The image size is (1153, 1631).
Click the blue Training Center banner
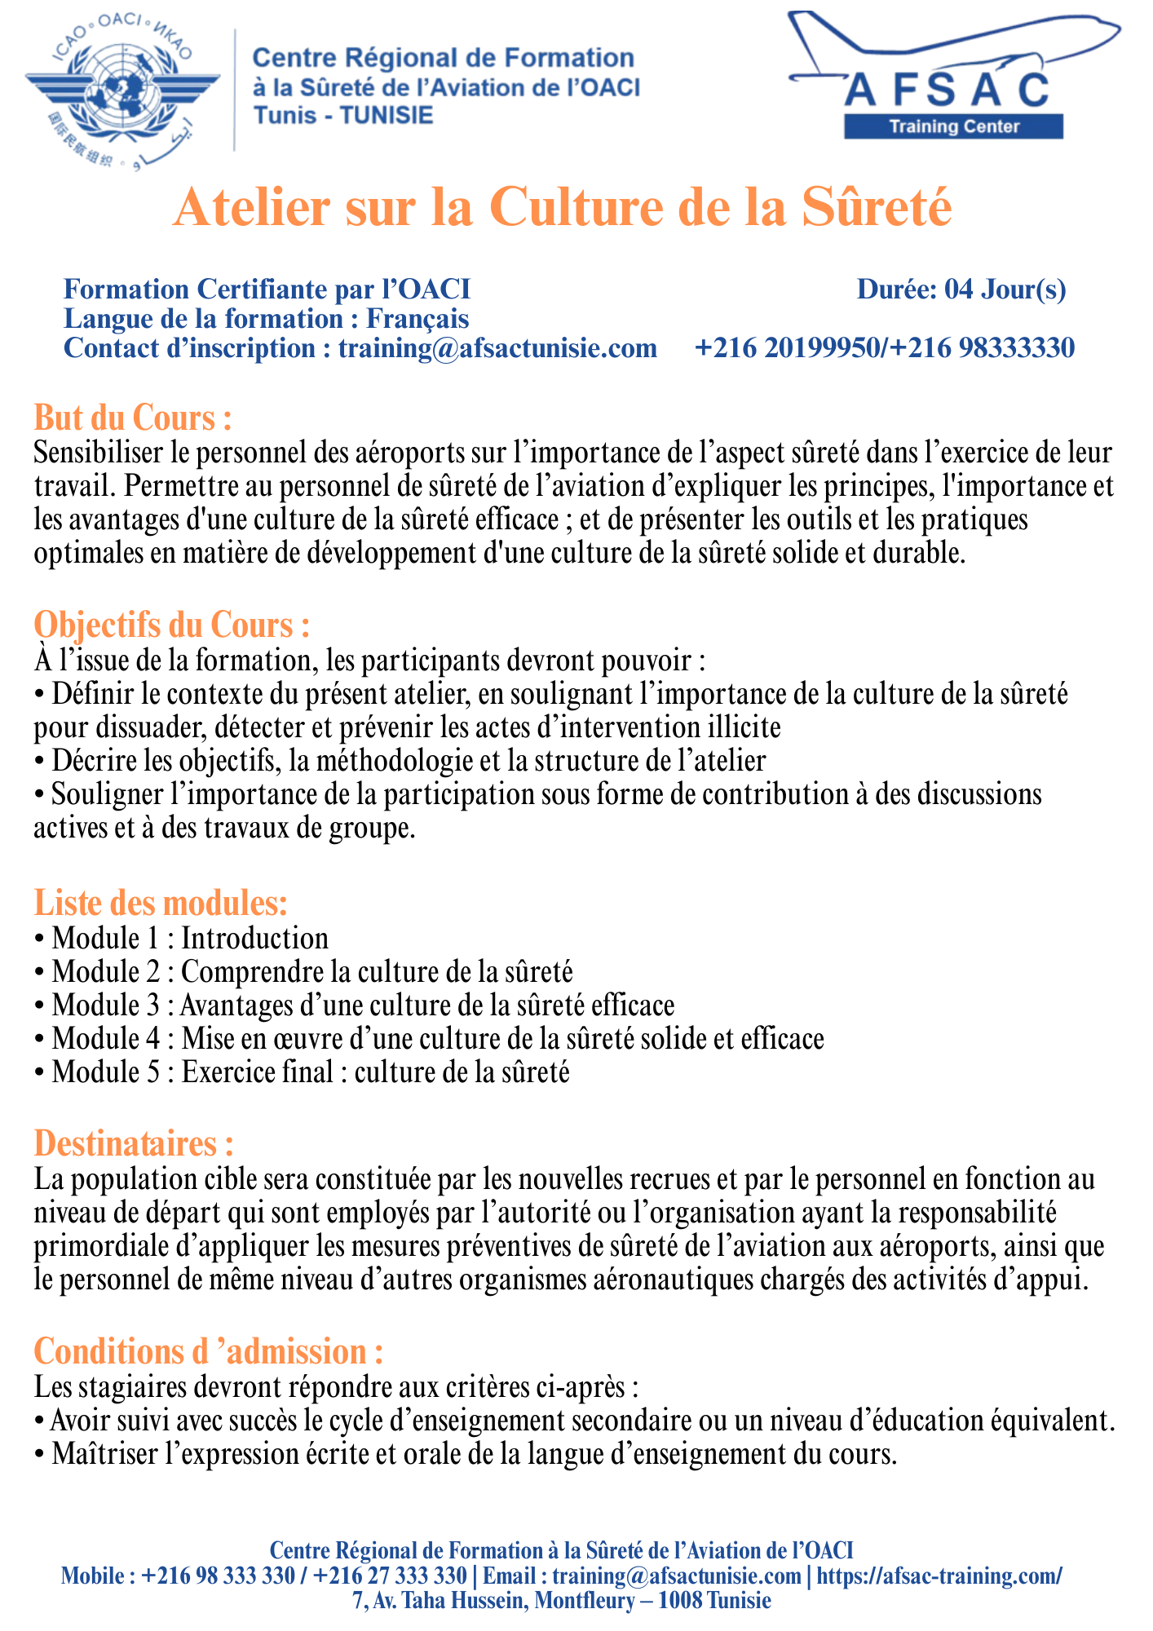[x=953, y=126]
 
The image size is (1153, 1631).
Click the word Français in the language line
[x=417, y=318]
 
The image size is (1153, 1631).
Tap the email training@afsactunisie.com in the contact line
[x=497, y=348]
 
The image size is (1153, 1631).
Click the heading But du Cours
[x=133, y=418]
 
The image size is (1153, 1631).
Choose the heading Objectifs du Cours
[x=172, y=625]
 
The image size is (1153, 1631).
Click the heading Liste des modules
[x=161, y=904]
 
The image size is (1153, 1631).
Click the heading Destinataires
[x=134, y=1143]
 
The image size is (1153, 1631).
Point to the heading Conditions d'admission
[x=209, y=1352]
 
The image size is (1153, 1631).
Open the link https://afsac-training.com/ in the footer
[x=939, y=1576]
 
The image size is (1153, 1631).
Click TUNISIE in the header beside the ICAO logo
[x=387, y=115]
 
